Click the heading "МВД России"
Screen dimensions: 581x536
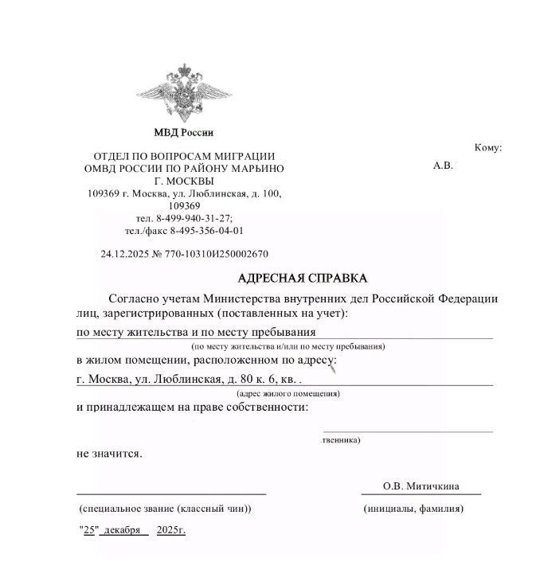(x=184, y=132)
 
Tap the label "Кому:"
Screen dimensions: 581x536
(x=487, y=148)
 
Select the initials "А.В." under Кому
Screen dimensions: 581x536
(x=443, y=166)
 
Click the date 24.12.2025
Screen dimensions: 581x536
(x=126, y=255)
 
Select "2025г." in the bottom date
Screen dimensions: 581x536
(x=171, y=530)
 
